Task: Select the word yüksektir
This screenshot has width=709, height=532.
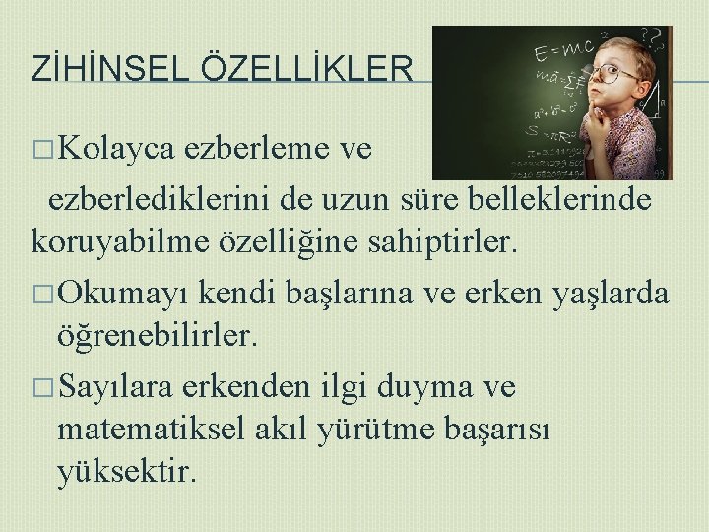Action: click(127, 474)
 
